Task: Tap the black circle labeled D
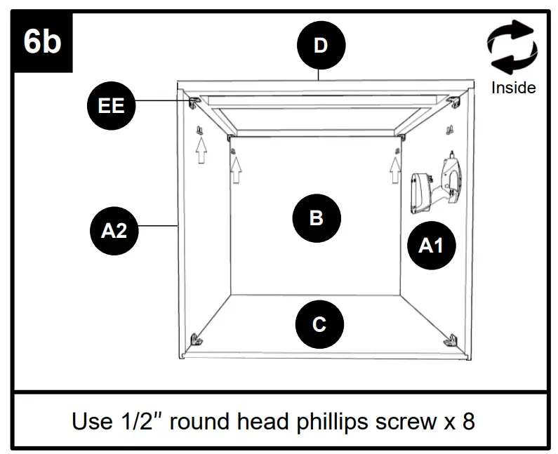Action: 320,46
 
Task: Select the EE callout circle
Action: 111,106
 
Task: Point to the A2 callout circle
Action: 114,229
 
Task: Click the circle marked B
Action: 316,218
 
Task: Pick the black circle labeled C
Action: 319,325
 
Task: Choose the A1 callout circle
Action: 431,245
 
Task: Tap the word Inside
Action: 513,88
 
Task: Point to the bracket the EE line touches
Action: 194,102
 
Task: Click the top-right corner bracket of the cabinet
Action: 456,102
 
